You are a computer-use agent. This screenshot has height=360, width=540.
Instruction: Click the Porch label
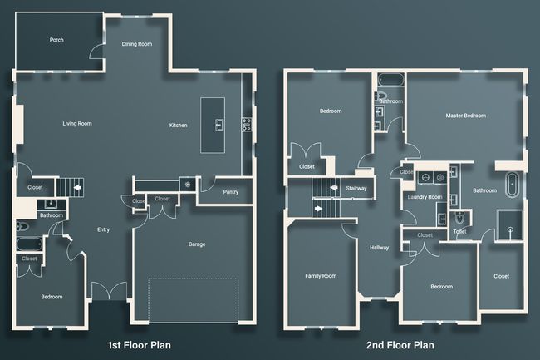[56, 40]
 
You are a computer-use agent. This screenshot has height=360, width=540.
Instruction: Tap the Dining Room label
[137, 44]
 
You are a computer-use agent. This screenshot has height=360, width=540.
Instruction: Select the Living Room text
[77, 123]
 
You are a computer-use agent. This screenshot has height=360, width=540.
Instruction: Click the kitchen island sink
[219, 125]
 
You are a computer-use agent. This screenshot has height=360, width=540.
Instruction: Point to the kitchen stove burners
[246, 125]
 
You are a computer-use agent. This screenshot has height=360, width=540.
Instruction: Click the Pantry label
[231, 192]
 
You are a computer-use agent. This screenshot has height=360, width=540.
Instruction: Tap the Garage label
[197, 244]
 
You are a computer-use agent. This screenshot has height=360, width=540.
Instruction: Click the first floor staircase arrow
[77, 188]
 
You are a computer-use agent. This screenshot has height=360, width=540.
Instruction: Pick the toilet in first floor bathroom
[22, 226]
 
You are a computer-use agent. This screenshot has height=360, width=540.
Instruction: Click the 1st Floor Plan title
[140, 345]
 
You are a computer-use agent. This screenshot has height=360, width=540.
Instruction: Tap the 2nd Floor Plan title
[400, 345]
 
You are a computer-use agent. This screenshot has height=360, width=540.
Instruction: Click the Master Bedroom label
[465, 116]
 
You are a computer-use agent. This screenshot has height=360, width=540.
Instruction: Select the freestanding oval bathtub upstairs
[512, 185]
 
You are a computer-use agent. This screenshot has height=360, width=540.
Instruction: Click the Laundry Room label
[425, 197]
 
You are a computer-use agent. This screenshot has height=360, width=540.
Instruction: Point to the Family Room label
[321, 276]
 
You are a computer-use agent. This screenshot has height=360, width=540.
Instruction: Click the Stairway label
[356, 189]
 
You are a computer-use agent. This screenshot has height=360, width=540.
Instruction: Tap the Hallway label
[379, 248]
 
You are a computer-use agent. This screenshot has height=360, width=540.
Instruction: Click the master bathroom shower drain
[510, 229]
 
